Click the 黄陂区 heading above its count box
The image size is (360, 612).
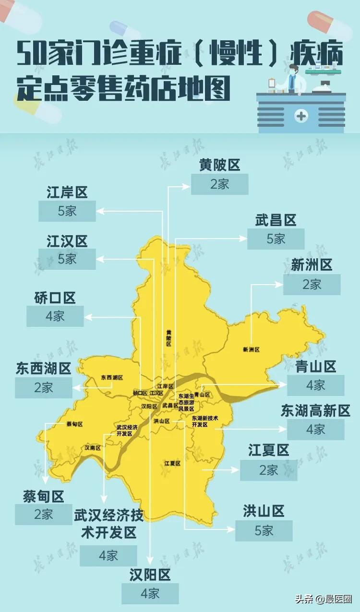click(x=219, y=166)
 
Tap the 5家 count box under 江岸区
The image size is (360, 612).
click(x=67, y=211)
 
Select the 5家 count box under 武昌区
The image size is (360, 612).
click(x=276, y=239)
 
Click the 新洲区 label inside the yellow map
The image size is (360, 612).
click(x=251, y=350)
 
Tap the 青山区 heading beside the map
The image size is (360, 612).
click(x=316, y=367)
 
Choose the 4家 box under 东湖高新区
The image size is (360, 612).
click(x=315, y=430)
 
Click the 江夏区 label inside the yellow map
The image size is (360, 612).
click(x=172, y=463)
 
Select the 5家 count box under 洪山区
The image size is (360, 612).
click(x=264, y=530)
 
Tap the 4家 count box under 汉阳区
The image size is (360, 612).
click(x=150, y=594)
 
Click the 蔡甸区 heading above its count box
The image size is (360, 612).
click(x=43, y=496)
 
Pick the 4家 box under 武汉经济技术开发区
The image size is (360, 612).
click(x=108, y=556)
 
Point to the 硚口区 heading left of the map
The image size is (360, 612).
click(x=55, y=298)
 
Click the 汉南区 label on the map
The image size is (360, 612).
click(x=93, y=448)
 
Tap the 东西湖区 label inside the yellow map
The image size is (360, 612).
click(x=112, y=378)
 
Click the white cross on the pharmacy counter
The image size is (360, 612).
click(x=301, y=116)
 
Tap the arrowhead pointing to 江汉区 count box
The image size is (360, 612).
click(x=99, y=259)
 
